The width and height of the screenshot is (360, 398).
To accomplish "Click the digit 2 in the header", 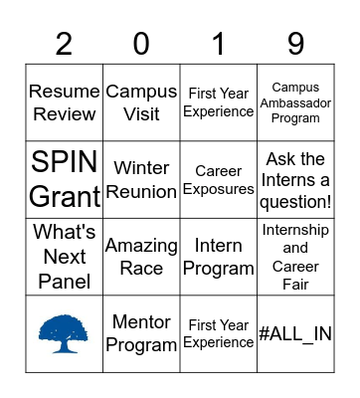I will pos(65,43).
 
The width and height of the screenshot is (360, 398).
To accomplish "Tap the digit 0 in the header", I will pos(141,43).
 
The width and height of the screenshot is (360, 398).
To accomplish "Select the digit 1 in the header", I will pos(218,43).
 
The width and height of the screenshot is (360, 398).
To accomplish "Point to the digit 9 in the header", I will pos(295,43).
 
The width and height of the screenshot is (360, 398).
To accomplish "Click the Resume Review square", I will pos(65,101).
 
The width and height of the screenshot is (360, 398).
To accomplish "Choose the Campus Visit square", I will pos(141,101).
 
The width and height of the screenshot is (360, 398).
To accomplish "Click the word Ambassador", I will pos(295,102).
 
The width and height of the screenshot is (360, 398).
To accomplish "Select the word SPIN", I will pos(65,162).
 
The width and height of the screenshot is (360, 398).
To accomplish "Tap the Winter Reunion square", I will pos(141,179).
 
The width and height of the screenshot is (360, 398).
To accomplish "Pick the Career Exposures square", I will pos(219,179).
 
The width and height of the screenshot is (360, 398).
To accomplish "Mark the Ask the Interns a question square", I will pos(295,179).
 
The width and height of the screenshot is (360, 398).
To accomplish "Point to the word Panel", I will pos(65,281).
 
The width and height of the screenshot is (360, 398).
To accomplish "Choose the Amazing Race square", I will pos(141,256).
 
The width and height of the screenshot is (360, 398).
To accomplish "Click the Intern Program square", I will pos(219,256).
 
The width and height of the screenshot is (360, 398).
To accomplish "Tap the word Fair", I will pos(295,285).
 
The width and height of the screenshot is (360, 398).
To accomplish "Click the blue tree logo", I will pos(65,332).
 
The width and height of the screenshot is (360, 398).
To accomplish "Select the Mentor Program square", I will pos(141,333).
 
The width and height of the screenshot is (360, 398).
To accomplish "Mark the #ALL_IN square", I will pos(295,333).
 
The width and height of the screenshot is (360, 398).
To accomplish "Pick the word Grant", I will pos(65,196).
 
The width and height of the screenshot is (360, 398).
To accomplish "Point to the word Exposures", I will pos(219,189).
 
